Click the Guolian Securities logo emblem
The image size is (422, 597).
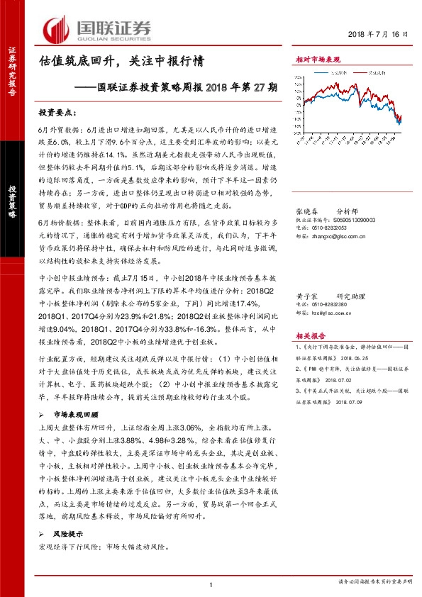tap(56, 30)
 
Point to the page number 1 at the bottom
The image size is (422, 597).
tap(211, 584)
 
